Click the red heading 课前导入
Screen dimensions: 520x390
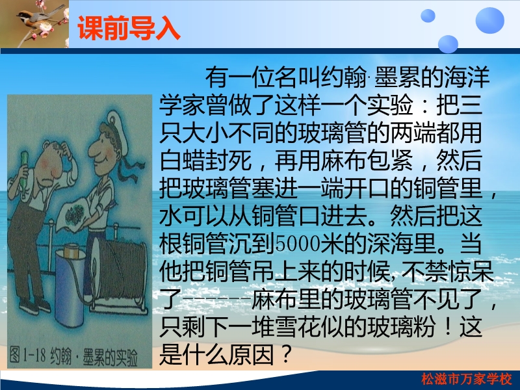click(129, 28)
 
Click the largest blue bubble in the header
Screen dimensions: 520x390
click(489, 20)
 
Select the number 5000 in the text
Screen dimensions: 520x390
click(298, 244)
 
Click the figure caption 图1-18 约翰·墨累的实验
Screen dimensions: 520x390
click(73, 356)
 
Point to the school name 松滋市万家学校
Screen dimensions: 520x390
click(467, 379)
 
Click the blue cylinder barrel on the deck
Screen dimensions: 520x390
click(70, 285)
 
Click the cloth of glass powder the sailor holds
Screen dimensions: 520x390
click(73, 214)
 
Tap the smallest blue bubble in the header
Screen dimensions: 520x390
click(428, 16)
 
